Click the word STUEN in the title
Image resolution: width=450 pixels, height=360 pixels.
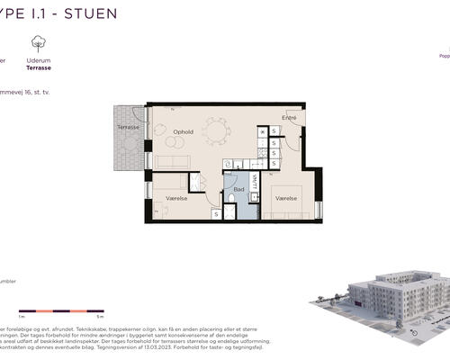pyautogui.click(x=93, y=14)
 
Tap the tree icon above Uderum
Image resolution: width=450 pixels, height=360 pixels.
pyautogui.click(x=38, y=43)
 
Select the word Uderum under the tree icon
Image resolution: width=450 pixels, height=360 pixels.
pyautogui.click(x=38, y=60)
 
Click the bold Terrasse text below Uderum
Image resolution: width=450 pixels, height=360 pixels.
pyautogui.click(x=38, y=67)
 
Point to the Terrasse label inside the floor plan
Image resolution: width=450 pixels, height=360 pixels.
pyautogui.click(x=128, y=128)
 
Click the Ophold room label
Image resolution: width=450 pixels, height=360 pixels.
pyautogui.click(x=184, y=131)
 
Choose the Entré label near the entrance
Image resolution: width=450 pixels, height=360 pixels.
pyautogui.click(x=290, y=119)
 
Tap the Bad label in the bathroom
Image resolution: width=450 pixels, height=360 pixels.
pyautogui.click(x=238, y=190)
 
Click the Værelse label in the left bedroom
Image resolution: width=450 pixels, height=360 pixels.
pyautogui.click(x=176, y=196)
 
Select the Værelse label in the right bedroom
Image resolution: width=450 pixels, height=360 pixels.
pyautogui.click(x=286, y=196)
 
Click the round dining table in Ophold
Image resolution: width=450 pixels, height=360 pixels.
pyautogui.click(x=216, y=131)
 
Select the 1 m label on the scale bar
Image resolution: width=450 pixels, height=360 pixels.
pyautogui.click(x=21, y=318)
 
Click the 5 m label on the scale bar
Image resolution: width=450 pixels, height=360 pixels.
pyautogui.click(x=101, y=318)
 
